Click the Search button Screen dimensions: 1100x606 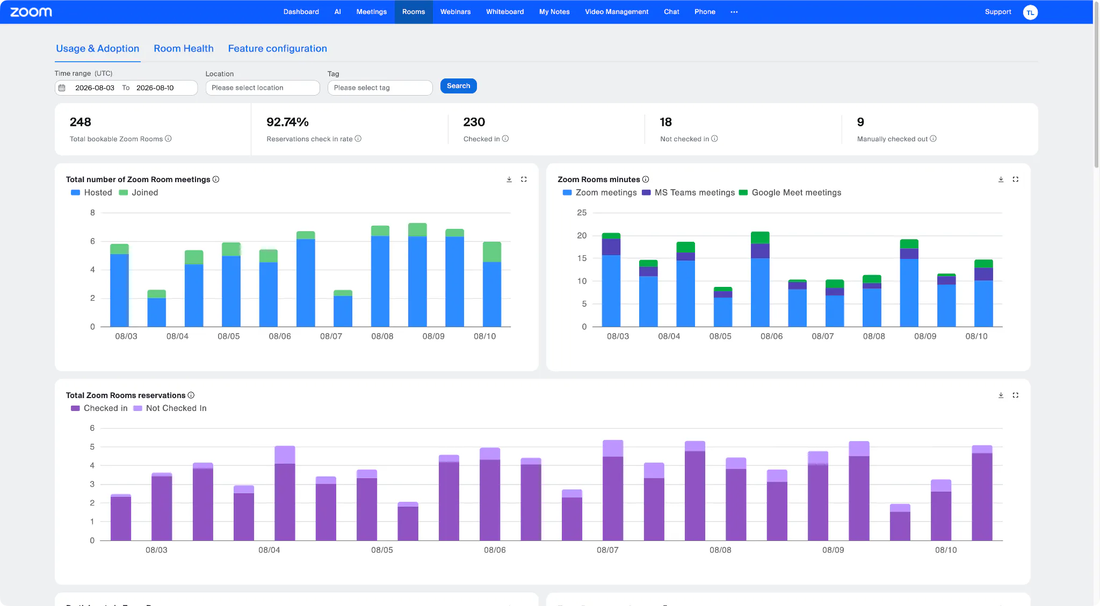[458, 86]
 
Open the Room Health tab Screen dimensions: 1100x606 [184, 48]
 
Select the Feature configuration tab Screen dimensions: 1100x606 [277, 48]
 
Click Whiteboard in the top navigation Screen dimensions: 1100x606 [505, 12]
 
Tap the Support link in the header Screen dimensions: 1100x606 [998, 12]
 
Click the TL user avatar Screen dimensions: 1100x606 [1030, 12]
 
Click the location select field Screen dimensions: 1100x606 [263, 88]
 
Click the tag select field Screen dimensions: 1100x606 [380, 88]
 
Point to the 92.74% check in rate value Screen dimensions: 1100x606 [287, 122]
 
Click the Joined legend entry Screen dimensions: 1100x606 [139, 192]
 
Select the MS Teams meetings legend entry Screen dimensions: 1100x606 [688, 192]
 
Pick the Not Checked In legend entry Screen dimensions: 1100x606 [170, 408]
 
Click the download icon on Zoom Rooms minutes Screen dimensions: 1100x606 [1001, 179]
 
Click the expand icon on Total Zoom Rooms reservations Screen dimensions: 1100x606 [1015, 395]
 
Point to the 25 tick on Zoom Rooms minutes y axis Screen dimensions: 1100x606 [582, 213]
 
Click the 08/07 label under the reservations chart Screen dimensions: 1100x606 [607, 550]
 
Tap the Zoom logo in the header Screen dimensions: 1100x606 [31, 12]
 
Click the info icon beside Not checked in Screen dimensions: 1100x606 [714, 139]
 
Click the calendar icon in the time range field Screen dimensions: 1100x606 [62, 88]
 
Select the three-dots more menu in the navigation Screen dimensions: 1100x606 [734, 12]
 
